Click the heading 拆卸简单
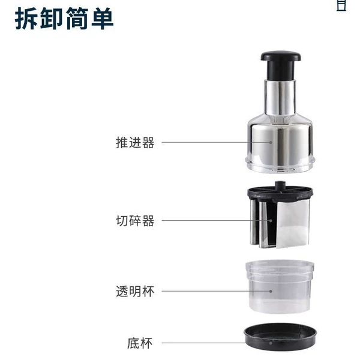(64, 19)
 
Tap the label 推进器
(135, 143)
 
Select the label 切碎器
(135, 221)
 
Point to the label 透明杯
(135, 292)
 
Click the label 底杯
(140, 343)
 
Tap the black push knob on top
(281, 65)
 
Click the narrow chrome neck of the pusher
(280, 98)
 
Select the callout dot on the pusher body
(271, 143)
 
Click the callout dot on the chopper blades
(271, 221)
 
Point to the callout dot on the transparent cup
(271, 291)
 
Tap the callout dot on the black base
(271, 343)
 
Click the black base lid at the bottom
(280, 337)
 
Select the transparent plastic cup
(280, 287)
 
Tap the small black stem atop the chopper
(280, 185)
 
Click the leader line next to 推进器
(216, 143)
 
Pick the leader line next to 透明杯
(216, 291)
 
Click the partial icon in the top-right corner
(341, 5)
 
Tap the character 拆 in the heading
(26, 19)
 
